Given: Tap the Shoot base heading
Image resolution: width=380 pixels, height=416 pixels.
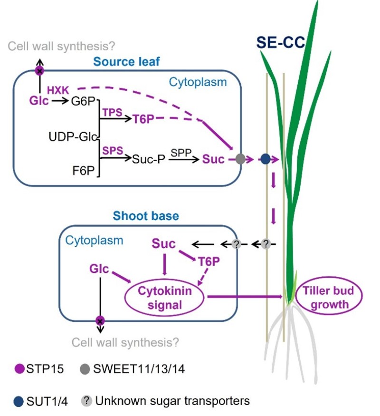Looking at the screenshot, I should (x=146, y=216).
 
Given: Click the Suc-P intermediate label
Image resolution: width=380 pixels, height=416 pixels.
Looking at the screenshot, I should (x=147, y=159).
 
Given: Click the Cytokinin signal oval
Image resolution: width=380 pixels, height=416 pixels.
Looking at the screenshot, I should (x=165, y=297).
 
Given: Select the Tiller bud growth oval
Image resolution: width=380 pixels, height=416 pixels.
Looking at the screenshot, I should (x=328, y=297).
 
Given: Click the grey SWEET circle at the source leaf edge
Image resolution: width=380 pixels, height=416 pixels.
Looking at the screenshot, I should (x=240, y=159).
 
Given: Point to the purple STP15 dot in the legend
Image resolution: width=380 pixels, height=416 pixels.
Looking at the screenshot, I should (x=19, y=368).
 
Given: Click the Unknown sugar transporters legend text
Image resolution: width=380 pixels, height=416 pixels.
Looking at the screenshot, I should (x=172, y=401).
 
